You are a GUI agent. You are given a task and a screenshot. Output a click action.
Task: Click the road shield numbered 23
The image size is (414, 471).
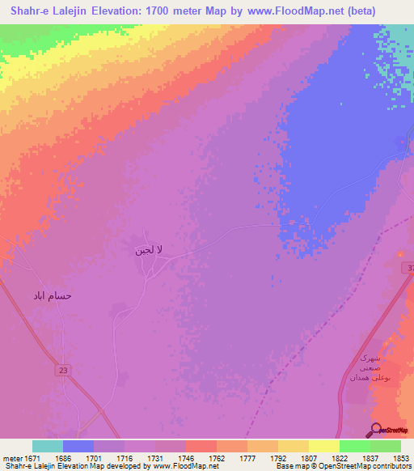click(x=63, y=369)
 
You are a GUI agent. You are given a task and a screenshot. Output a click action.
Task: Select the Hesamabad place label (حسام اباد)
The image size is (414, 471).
click(x=53, y=295)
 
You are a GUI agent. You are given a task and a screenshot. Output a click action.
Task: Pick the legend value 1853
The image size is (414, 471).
click(x=401, y=456)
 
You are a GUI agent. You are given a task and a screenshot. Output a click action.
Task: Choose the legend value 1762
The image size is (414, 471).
click(x=217, y=456)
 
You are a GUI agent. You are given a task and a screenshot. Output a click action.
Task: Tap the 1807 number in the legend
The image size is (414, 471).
click(x=309, y=456)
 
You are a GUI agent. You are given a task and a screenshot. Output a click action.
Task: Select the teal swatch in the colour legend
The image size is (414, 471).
click(x=48, y=445)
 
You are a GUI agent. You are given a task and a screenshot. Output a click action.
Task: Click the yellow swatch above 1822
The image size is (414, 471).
click(x=323, y=445)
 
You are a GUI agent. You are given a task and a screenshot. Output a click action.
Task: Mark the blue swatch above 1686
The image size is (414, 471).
click(x=78, y=445)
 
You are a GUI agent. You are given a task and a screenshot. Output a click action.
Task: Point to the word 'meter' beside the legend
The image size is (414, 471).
click(x=11, y=456)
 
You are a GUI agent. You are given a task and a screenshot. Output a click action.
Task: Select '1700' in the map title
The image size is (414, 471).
click(x=182, y=11)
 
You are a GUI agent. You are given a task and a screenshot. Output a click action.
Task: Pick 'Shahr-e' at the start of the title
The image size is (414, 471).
click(x=25, y=11)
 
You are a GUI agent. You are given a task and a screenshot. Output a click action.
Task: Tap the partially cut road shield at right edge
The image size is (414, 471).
click(x=410, y=268)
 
